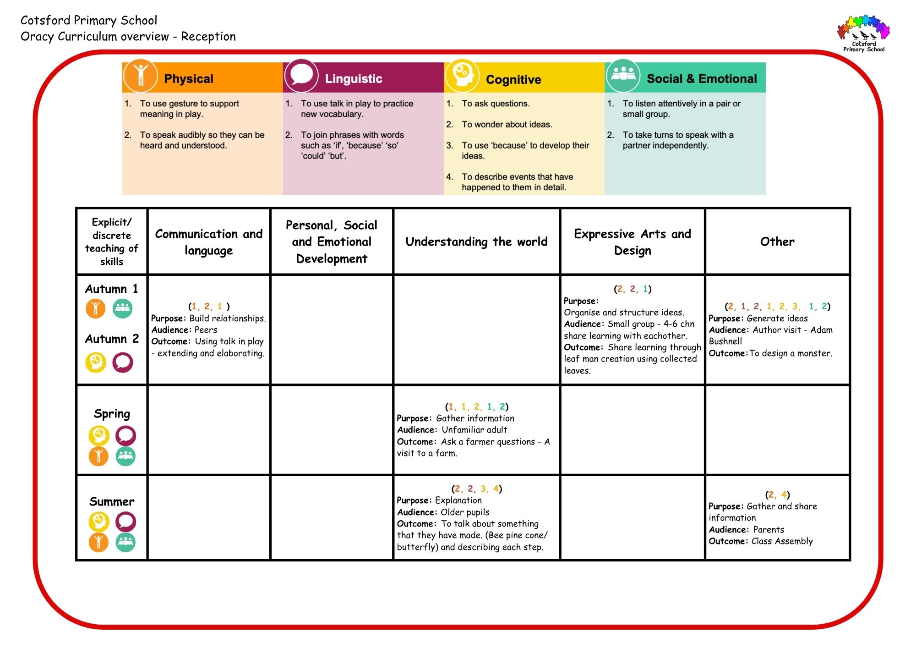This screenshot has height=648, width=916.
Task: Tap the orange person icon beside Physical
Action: point(140,76)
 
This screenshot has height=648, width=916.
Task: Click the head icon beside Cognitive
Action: point(462,76)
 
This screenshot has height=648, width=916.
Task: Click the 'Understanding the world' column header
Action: point(476,242)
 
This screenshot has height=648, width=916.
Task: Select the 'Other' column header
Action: point(777,242)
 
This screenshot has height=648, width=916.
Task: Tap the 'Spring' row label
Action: point(112,414)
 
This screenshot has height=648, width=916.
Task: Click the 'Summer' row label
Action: point(112,501)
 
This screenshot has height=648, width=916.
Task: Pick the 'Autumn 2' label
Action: point(112,339)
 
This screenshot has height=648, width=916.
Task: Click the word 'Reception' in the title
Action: point(208,37)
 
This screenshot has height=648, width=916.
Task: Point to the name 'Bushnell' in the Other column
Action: point(725,341)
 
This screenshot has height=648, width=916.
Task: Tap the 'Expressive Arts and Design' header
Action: point(632,242)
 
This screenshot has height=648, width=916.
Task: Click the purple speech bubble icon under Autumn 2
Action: point(123,362)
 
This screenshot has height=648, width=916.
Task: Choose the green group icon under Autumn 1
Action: point(122,308)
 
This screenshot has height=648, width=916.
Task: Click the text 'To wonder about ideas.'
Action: point(507,125)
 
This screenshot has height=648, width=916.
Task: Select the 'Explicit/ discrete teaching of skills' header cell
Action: point(112,242)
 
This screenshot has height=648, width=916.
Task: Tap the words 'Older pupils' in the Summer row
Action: point(465,512)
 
